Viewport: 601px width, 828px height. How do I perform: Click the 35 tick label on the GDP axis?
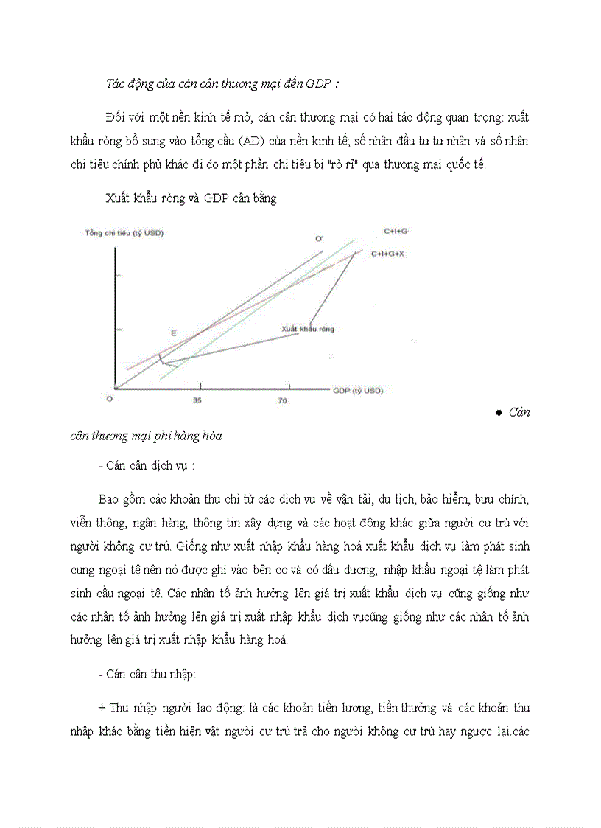(197, 400)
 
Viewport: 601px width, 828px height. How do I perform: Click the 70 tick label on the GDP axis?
(282, 400)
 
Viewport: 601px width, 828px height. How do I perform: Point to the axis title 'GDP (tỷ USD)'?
(358, 390)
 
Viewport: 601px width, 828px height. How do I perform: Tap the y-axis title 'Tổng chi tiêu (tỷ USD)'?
(124, 234)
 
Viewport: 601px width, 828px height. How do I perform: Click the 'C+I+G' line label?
(396, 231)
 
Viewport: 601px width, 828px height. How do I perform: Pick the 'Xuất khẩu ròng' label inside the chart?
(307, 328)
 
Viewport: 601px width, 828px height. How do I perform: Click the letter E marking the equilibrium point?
(174, 333)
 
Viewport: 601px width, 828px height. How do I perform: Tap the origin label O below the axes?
(110, 399)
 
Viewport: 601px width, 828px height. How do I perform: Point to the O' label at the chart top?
(319, 239)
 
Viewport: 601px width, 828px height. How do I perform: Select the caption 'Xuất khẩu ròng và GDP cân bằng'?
(191, 199)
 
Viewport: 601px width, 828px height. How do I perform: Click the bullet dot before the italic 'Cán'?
(499, 413)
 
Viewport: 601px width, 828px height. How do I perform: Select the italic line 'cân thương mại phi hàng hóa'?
(146, 436)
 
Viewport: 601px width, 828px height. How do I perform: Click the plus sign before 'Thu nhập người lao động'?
(102, 708)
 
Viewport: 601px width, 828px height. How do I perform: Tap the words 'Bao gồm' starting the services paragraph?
(118, 499)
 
